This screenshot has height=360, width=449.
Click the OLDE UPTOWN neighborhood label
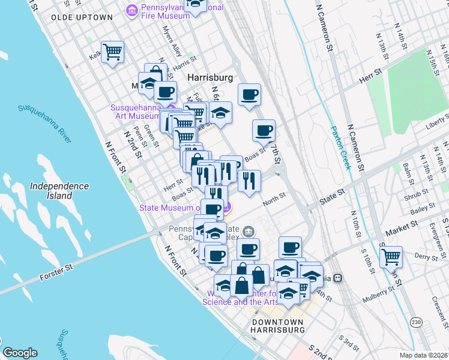tap(82, 17)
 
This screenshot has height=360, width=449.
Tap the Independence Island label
tap(60, 191)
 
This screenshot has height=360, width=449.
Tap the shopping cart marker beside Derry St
tap(391, 257)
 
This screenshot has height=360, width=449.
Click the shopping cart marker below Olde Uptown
tap(112, 52)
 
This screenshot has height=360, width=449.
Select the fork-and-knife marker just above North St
tap(249, 181)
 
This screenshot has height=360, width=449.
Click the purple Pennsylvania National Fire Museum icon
tap(132, 10)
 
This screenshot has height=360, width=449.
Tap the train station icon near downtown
tap(338, 278)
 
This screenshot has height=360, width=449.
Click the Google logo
tap(20, 353)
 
